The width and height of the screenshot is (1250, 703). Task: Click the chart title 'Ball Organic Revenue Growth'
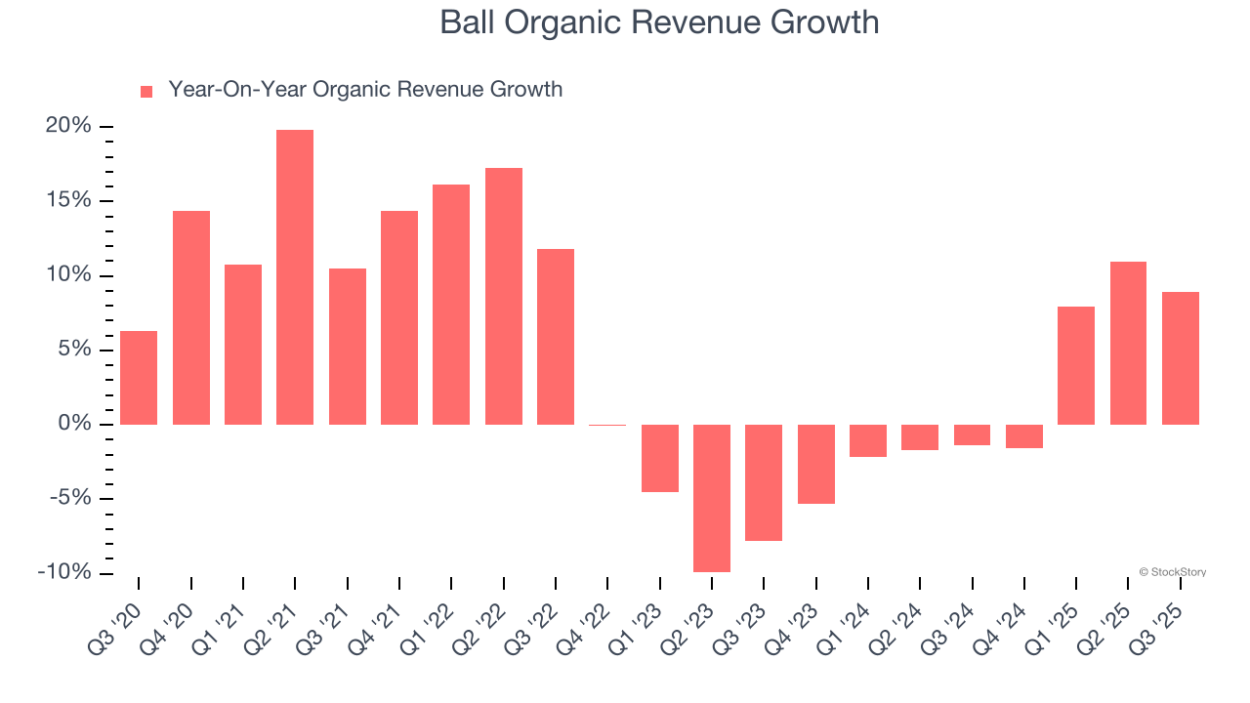tap(659, 22)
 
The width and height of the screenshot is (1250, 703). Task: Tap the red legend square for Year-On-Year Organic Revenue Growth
tap(146, 91)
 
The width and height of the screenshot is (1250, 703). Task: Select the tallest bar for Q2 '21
tap(295, 277)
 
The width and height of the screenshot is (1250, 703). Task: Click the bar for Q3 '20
tap(139, 378)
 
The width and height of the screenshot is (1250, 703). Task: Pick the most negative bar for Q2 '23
tap(712, 498)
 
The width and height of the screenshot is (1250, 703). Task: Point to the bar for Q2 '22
tap(504, 296)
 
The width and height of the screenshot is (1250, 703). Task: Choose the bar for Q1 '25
tap(1076, 366)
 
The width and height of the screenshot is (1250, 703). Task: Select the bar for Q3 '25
tap(1180, 358)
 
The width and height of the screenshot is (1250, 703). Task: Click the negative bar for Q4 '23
tap(816, 464)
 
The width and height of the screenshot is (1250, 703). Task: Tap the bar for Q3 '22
tap(556, 337)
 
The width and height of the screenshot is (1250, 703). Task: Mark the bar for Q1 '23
tap(660, 458)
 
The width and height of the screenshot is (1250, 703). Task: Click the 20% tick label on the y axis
tap(68, 126)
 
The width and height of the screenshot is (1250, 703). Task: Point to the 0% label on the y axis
tap(75, 424)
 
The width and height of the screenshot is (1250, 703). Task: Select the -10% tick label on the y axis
tap(64, 572)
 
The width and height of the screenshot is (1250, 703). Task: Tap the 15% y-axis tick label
tap(68, 200)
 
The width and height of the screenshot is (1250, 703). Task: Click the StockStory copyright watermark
tap(1172, 572)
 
